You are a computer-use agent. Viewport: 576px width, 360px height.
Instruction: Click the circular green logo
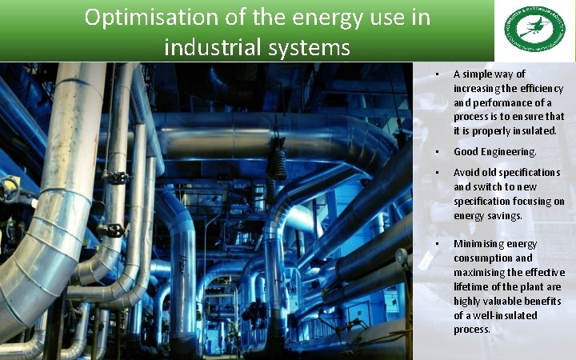(x=534, y=30)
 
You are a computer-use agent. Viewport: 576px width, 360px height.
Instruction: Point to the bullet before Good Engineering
(x=437, y=151)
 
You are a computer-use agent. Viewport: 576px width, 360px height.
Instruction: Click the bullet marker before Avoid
(x=437, y=173)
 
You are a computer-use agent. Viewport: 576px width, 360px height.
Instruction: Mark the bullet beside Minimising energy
(x=437, y=243)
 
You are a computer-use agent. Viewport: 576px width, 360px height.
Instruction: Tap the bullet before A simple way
(x=437, y=74)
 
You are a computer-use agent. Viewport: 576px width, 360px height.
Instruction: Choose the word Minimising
(x=478, y=243)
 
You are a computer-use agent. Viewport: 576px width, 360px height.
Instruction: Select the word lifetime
(x=473, y=287)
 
